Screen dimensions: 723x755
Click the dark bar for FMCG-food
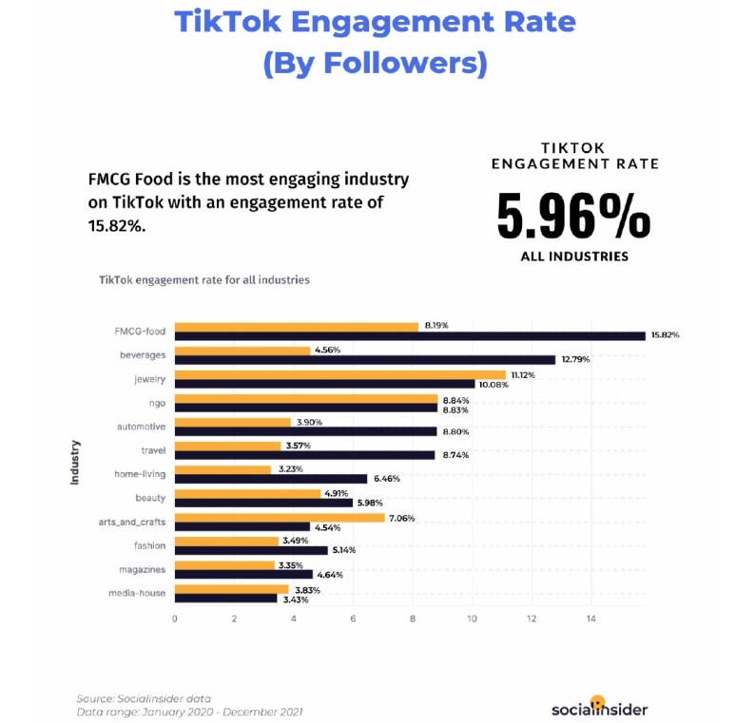pos(410,335)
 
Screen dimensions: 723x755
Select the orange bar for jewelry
pos(339,375)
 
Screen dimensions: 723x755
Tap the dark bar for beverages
pos(364,360)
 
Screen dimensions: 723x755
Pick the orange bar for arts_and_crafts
pos(280,518)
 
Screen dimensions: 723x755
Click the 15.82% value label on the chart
pos(666,335)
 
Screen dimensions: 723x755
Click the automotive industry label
pos(141,427)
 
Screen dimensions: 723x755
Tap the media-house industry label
pos(138,593)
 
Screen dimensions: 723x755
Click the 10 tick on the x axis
pos(472,619)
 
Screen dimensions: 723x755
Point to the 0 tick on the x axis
pos(175,619)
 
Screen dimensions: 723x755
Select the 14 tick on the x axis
pos(590,619)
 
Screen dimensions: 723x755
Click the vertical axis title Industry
pos(74,462)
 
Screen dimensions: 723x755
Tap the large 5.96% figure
pos(573,218)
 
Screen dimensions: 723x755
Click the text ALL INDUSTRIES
pos(573,257)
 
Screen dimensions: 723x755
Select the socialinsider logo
pos(599,708)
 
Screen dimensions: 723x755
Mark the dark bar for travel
pos(304,455)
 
